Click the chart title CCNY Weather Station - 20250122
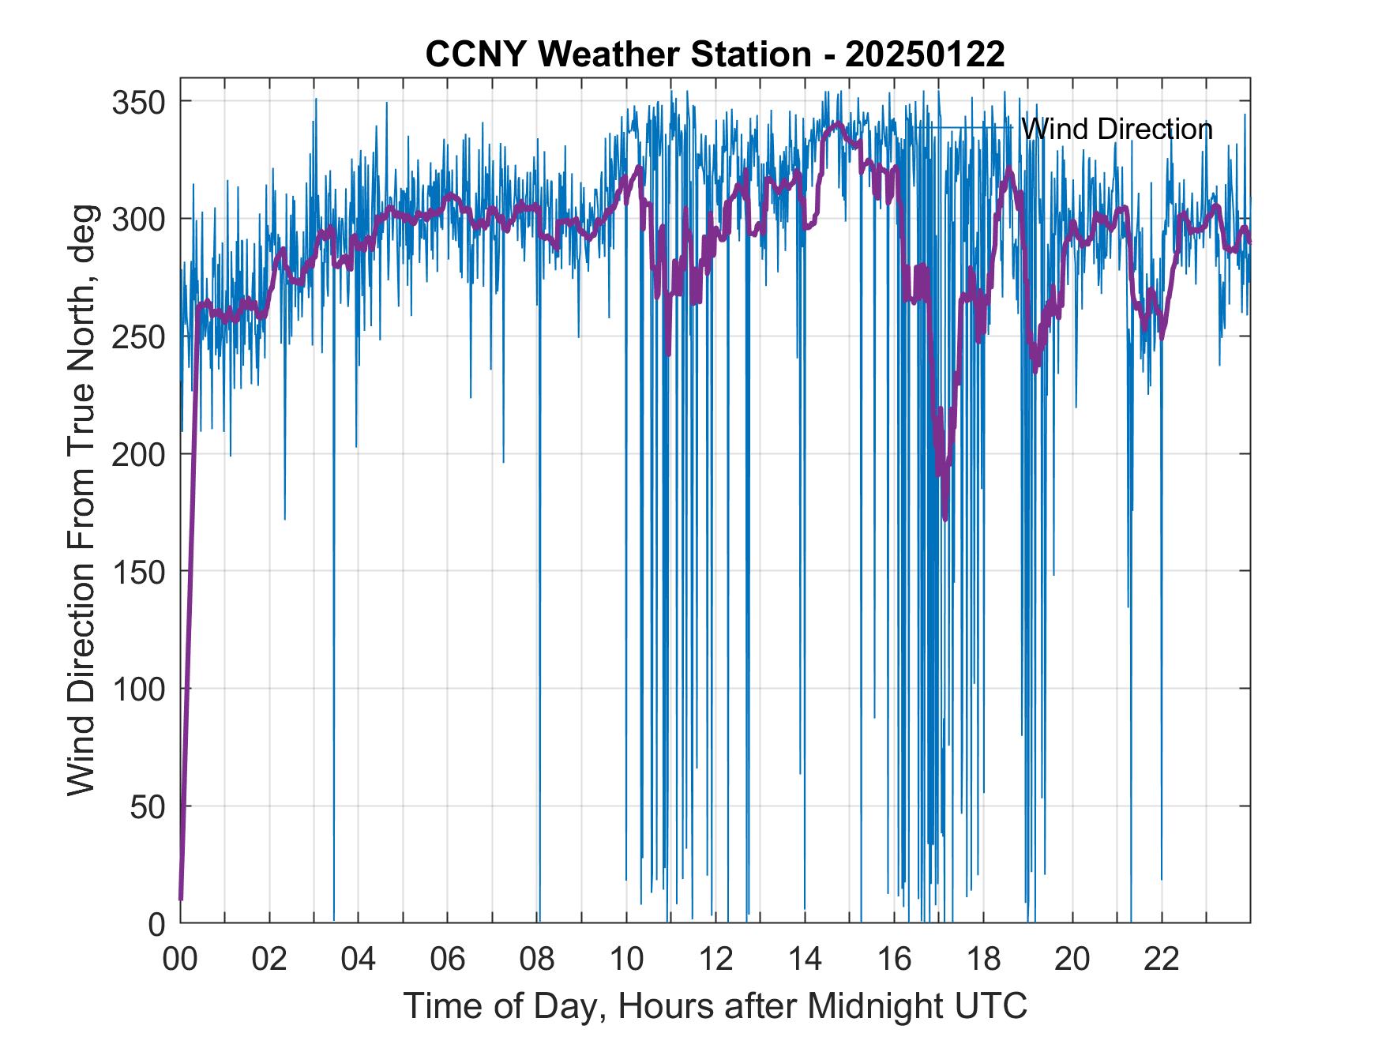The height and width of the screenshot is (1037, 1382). coord(715,54)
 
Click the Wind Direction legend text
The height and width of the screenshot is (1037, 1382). coord(1117,129)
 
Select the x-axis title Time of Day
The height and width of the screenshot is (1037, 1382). coord(715,1006)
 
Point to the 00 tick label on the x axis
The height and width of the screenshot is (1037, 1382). coord(180,959)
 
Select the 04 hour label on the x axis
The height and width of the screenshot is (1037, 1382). coord(359,959)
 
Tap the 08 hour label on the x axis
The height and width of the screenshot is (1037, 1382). coord(537,959)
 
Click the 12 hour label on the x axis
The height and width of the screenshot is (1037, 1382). coord(715,959)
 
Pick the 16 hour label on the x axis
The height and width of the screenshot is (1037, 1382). coord(894,959)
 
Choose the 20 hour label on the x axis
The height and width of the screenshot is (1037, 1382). coord(1072,959)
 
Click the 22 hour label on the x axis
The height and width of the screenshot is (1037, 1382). coord(1162,959)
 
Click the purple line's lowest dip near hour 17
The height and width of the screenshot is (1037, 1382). coord(945,518)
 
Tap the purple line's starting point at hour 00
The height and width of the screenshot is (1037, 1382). coord(181,899)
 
